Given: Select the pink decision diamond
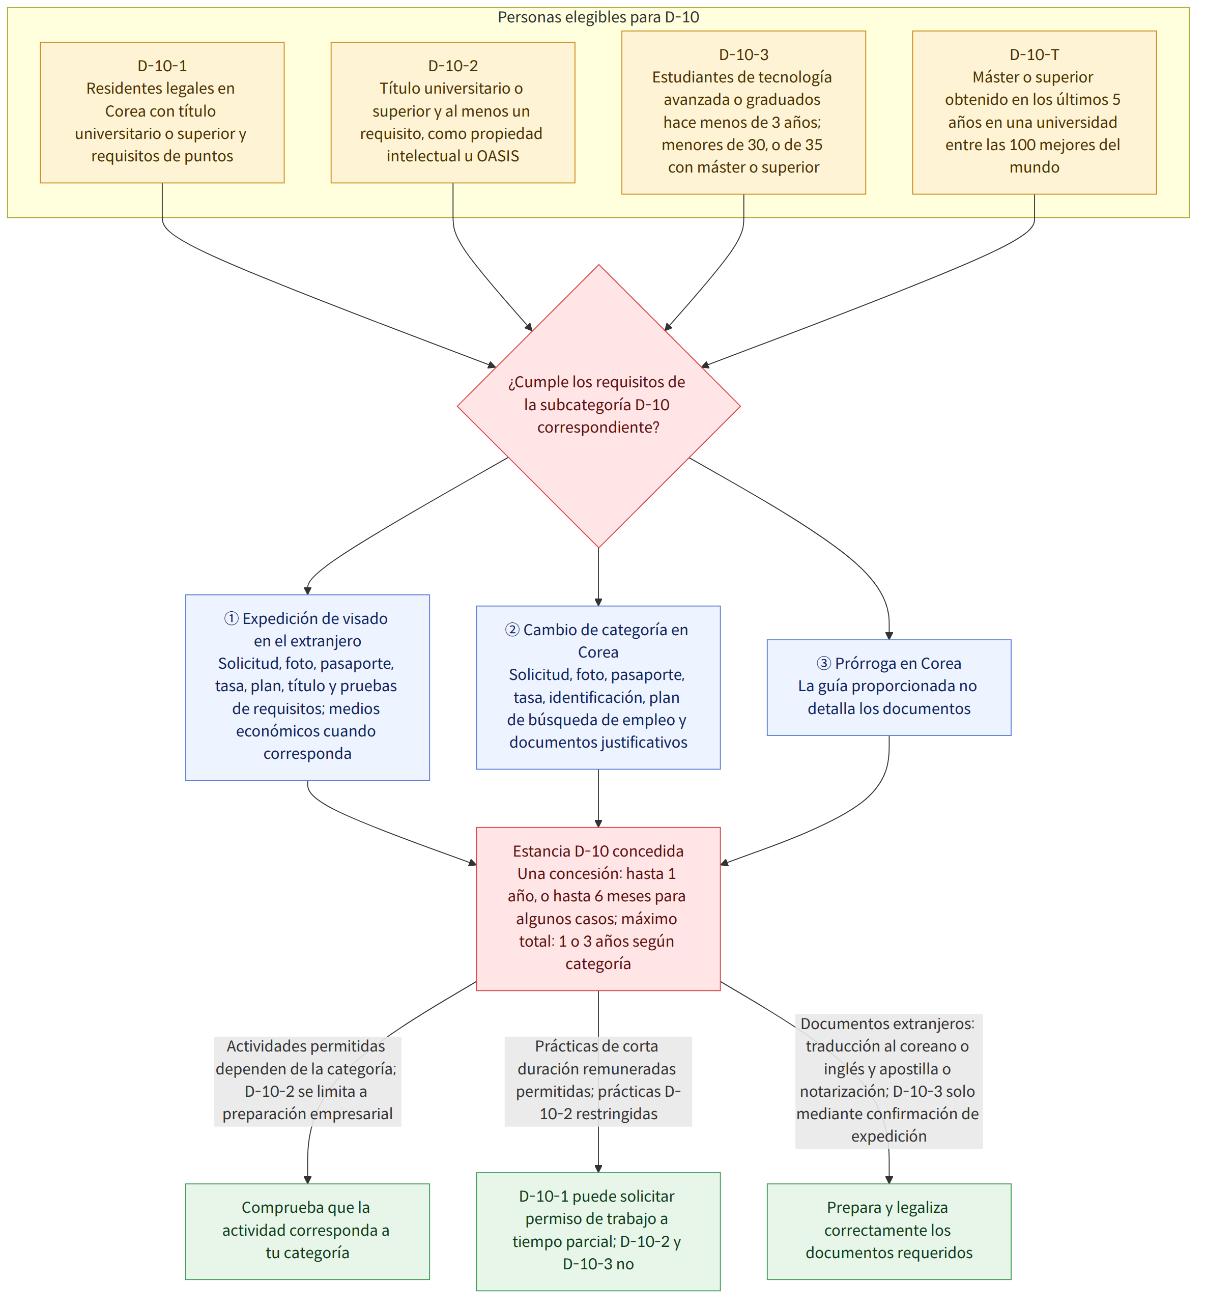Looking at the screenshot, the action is [x=598, y=406].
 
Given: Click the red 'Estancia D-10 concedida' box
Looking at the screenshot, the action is [x=598, y=909].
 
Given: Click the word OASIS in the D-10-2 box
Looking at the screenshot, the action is [x=498, y=156].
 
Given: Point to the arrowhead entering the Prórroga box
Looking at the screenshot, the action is [x=890, y=636].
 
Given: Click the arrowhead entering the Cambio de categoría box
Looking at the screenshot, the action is [x=598, y=602].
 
